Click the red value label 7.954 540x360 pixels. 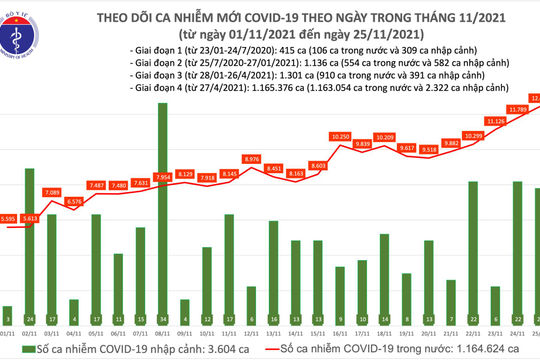(162, 177)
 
